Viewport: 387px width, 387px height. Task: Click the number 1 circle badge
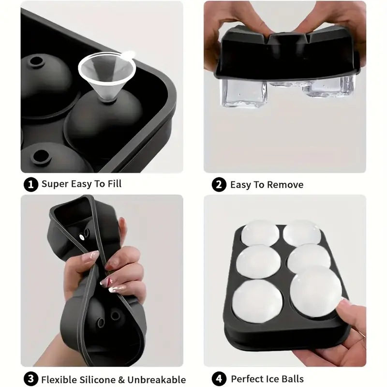click(30, 184)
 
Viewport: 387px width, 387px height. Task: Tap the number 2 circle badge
click(219, 184)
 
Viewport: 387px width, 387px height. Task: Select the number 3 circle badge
click(30, 379)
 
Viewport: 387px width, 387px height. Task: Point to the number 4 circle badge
click(219, 379)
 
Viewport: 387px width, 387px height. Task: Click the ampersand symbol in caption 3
click(126, 379)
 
